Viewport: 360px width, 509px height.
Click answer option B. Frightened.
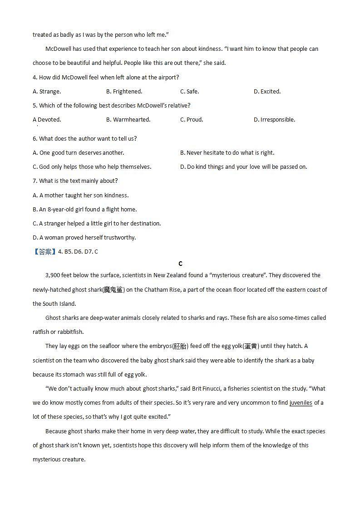coord(124,91)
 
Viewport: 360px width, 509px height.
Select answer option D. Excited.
coord(267,91)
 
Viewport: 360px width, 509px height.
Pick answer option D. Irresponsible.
coord(274,120)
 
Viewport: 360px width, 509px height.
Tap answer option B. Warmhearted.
coord(128,120)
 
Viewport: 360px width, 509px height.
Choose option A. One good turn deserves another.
coord(78,153)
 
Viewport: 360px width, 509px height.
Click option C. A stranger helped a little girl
coord(97,223)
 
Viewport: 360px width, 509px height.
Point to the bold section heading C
coord(180,264)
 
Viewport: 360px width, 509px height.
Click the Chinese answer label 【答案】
coord(44,252)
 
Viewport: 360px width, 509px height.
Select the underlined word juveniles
coord(301,403)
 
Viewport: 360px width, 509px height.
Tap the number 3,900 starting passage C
coord(54,275)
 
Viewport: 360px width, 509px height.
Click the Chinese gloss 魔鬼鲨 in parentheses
coord(113,290)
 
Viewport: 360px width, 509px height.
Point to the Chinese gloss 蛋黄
coord(251,346)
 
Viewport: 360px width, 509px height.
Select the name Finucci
coord(215,389)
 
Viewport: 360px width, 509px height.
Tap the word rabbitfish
coord(69,332)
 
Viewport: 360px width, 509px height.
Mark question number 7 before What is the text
coord(35,181)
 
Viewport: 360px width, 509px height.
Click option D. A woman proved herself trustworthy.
coord(84,237)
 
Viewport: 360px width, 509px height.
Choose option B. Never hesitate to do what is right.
coord(227,153)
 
